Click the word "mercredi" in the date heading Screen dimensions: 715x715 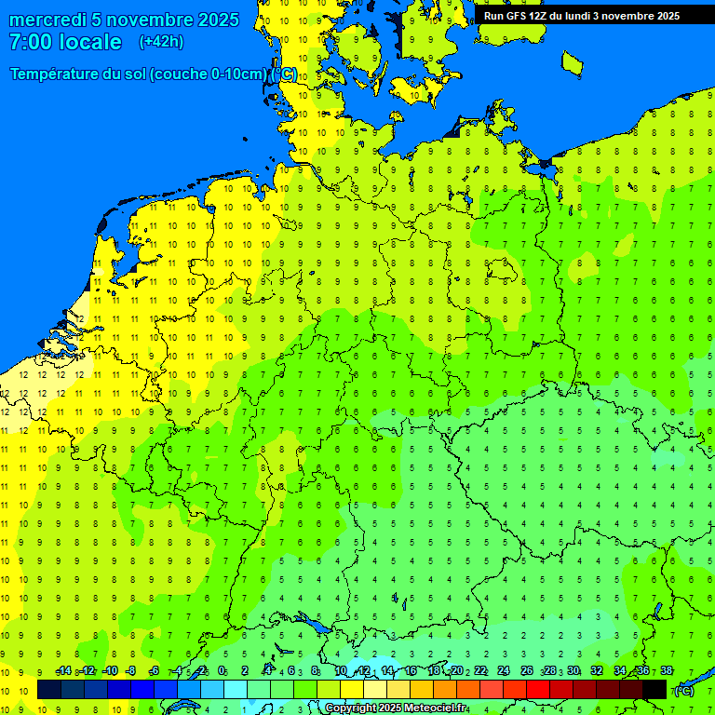coord(47,20)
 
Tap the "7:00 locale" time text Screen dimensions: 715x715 coord(65,42)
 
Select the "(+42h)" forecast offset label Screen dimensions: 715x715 coord(161,42)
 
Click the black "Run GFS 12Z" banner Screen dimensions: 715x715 coord(581,16)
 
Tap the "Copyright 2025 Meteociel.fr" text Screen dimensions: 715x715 coord(396,708)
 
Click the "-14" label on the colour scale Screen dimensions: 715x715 coord(63,671)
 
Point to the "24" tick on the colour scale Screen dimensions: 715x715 coord(504,671)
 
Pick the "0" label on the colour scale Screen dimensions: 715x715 coord(222,671)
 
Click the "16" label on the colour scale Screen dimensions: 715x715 coord(410,671)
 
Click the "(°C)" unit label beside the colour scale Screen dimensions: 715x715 coord(683,691)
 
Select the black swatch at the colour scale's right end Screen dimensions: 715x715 coord(654,690)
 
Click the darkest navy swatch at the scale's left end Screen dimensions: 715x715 coord(48,690)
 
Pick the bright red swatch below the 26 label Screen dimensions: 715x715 coord(538,690)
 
